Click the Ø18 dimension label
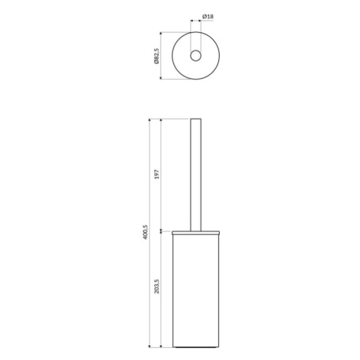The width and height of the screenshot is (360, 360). coord(208,17)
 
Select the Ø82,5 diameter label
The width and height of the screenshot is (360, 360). coord(156,56)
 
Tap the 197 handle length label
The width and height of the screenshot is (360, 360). coord(156,174)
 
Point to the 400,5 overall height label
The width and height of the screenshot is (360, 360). coord(145,232)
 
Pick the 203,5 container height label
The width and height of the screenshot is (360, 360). coord(156,286)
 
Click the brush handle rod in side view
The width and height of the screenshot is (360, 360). coord(196,175)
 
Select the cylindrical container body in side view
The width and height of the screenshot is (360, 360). coord(196,291)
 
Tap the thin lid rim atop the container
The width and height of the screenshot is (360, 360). coord(196,233)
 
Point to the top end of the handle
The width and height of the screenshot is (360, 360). coord(196,119)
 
